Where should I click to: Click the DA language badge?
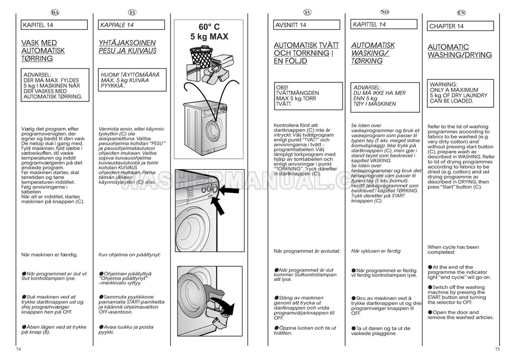[54, 12]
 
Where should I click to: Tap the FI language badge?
[132, 12]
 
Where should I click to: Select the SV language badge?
[307, 12]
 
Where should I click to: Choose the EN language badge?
[461, 12]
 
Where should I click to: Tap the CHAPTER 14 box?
[461, 26]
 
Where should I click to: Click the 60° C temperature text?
[209, 27]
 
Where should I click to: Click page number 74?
[20, 349]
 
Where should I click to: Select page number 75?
[497, 349]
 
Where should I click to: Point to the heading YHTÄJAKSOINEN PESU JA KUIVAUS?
[127, 47]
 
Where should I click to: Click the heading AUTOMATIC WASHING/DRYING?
[460, 51]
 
